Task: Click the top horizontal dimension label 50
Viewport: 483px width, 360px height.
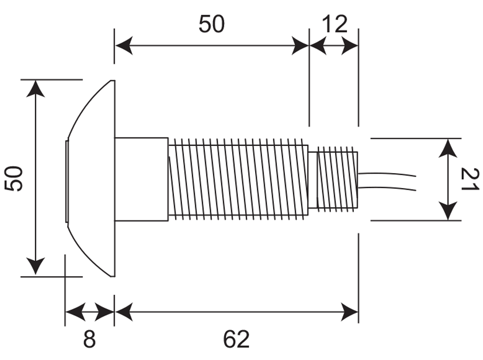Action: (212, 24)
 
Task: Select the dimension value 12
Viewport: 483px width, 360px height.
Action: (334, 24)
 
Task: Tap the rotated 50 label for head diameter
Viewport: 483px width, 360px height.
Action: (14, 178)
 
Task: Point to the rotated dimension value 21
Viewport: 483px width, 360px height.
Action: (470, 179)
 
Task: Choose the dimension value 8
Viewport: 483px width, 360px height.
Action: (89, 339)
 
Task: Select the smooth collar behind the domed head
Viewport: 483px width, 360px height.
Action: (141, 179)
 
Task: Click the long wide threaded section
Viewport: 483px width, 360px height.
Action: (238, 179)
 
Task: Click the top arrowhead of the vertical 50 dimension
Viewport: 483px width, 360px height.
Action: (36, 88)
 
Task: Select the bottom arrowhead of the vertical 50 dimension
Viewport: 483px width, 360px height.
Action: (36, 268)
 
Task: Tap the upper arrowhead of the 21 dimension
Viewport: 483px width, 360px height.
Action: (449, 147)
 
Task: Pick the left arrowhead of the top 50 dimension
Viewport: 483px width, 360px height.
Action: (123, 46)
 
